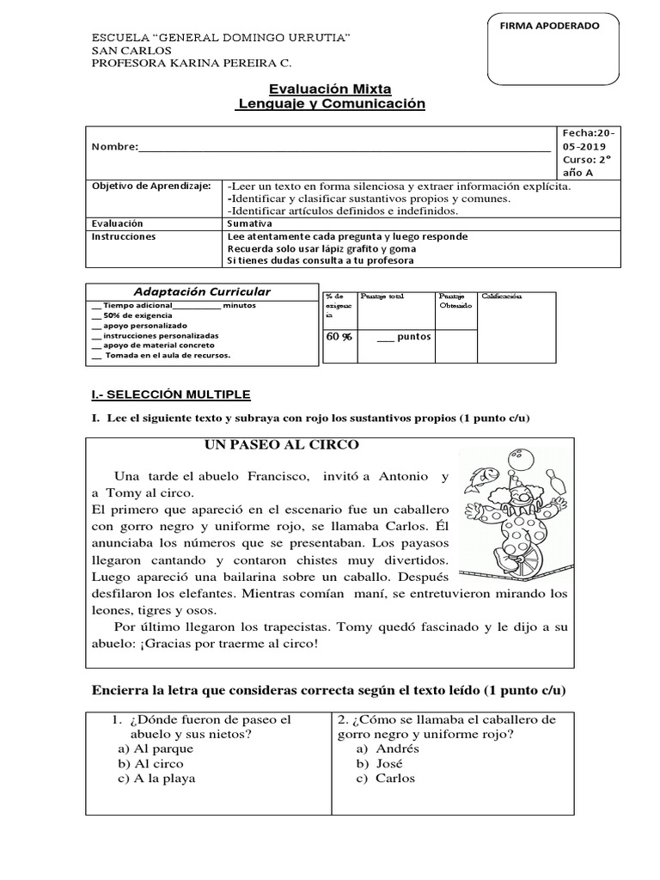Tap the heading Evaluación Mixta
pos(330,88)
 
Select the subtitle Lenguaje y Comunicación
pos(331,103)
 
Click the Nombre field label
pos(114,147)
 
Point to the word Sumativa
pos(248,222)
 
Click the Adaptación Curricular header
pos(202,292)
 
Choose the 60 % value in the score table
pos(339,336)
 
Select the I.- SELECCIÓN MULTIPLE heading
pos(171,394)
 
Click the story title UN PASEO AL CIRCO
pos(281,444)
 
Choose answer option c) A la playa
pos(157,779)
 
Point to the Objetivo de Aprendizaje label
pos(150,186)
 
